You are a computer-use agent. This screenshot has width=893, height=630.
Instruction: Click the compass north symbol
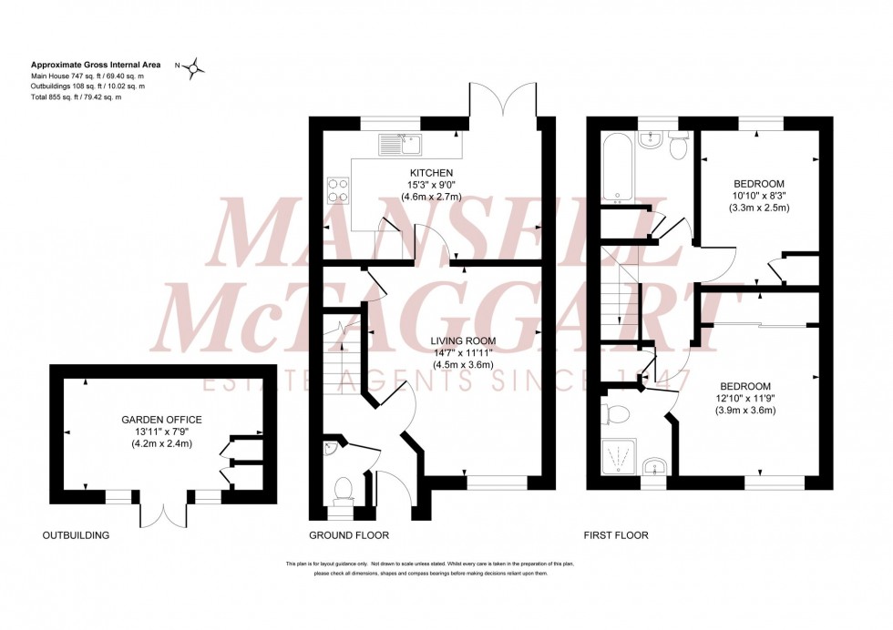pos(199,66)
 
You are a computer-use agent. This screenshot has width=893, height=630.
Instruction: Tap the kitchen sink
pos(400,143)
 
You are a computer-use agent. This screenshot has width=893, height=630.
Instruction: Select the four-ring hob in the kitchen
pos(340,189)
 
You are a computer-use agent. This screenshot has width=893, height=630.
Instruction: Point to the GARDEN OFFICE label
pos(161,420)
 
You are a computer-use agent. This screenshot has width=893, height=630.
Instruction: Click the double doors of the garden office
pos(162,513)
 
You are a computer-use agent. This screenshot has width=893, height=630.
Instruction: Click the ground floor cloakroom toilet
pos(345,490)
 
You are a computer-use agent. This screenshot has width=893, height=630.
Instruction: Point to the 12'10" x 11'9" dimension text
pos(744,398)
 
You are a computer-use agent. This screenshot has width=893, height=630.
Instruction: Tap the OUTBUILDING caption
pos(76,535)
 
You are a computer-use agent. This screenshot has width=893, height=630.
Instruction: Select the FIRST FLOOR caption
pos(618,535)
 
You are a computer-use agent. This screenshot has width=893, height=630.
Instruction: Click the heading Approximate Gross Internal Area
pos(96,65)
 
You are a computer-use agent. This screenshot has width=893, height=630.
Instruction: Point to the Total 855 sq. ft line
pos(77,97)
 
